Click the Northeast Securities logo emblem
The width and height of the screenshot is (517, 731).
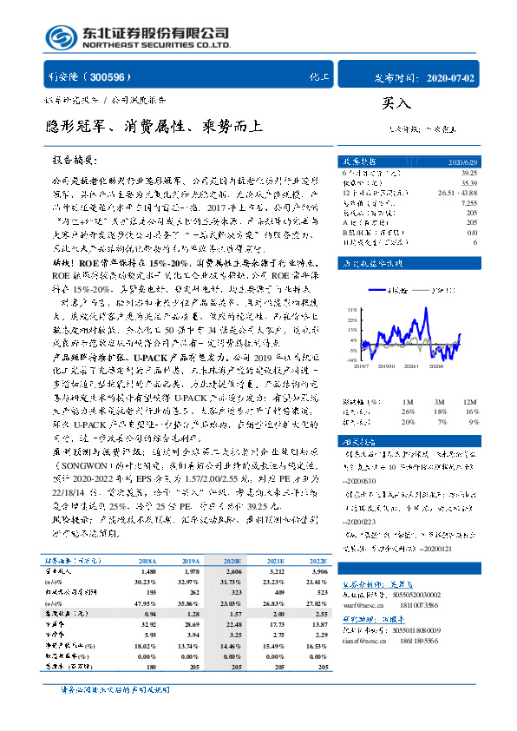[58, 37]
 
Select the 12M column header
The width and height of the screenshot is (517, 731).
[471, 401]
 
